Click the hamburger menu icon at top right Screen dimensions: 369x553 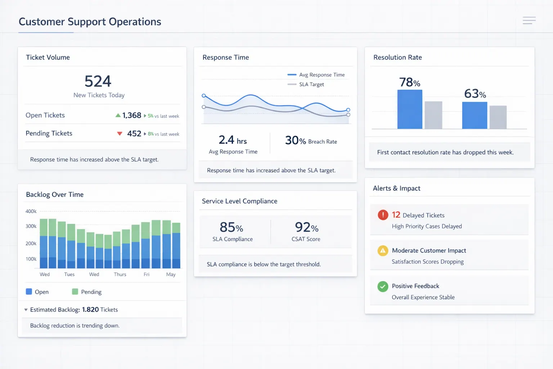pyautogui.click(x=529, y=21)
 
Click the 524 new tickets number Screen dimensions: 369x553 pyautogui.click(x=98, y=81)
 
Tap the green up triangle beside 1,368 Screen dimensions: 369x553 pyautogui.click(x=118, y=115)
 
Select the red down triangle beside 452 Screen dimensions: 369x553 pyautogui.click(x=120, y=134)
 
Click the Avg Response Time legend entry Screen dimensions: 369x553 pyautogui.click(x=316, y=75)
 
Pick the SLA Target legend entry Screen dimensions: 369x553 pyautogui.click(x=306, y=84)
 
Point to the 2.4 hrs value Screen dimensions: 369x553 pyautogui.click(x=233, y=140)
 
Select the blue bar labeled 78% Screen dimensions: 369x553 pyautogui.click(x=410, y=109)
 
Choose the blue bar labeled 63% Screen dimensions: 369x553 pyautogui.click(x=475, y=115)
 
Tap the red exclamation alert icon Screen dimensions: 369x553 pyautogui.click(x=383, y=215)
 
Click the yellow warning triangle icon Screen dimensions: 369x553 pyautogui.click(x=383, y=250)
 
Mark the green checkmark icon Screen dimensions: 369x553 pyautogui.click(x=383, y=286)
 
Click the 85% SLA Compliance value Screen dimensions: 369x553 pyautogui.click(x=231, y=227)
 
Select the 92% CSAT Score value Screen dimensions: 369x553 pyautogui.click(x=306, y=227)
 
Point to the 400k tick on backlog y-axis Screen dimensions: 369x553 pyautogui.click(x=31, y=212)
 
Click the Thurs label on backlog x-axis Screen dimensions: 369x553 pyautogui.click(x=120, y=275)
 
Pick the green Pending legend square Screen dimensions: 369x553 pyautogui.click(x=75, y=292)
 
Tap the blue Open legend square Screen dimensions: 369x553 pyautogui.click(x=29, y=292)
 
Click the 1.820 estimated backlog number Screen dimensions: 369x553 pyautogui.click(x=90, y=310)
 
